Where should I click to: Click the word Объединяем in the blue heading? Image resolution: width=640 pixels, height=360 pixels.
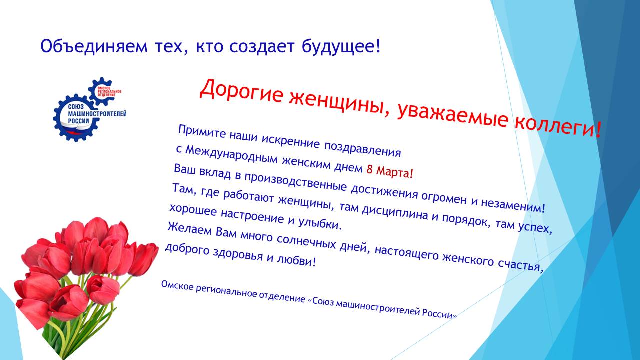click(x=94, y=46)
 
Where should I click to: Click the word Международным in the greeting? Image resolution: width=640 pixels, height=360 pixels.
click(x=231, y=154)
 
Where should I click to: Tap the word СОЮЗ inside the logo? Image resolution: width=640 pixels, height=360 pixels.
click(x=75, y=107)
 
